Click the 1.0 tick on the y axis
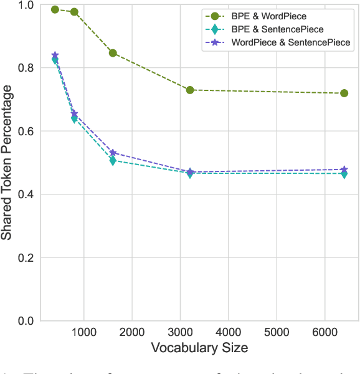coord(25,5)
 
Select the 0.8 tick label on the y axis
coord(25,68)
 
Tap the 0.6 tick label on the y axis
coord(25,132)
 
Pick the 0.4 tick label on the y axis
coord(25,194)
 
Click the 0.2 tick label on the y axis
coord(25,258)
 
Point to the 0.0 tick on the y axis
coord(25,321)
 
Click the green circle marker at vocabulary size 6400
coord(344,93)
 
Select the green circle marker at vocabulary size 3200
coord(190,90)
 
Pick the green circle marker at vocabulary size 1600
coord(113,53)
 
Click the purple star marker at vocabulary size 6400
coord(344,170)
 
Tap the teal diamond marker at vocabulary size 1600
coord(113,161)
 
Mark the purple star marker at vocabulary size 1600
coord(113,153)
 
